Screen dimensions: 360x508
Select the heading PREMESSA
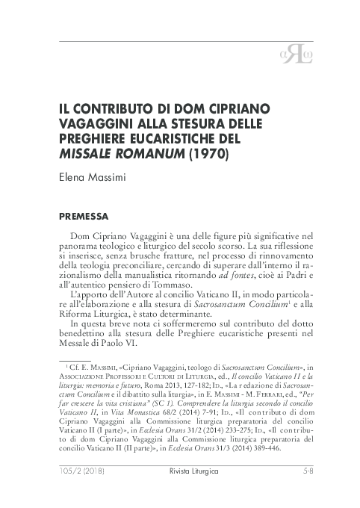click(x=92, y=217)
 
